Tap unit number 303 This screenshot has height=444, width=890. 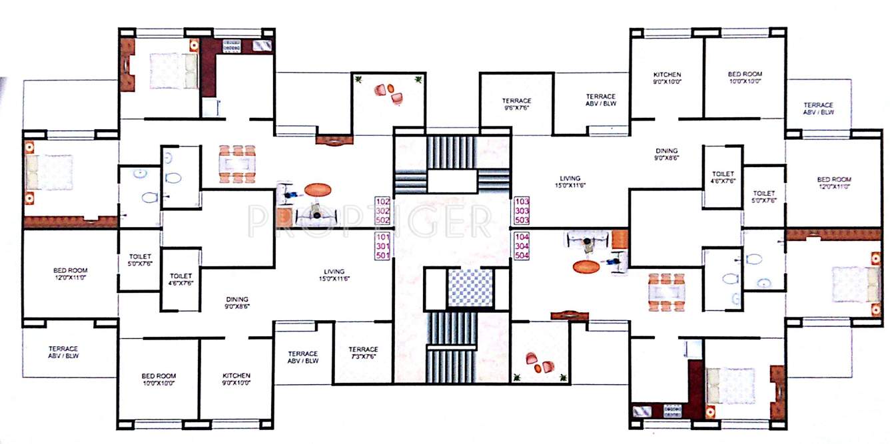coord(522,210)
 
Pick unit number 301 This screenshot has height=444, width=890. coord(382,246)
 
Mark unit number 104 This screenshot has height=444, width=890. coord(522,236)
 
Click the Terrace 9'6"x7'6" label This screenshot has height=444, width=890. coord(516,105)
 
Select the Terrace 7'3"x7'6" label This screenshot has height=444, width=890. coord(363,353)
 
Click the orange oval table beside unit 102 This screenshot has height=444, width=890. coord(318,190)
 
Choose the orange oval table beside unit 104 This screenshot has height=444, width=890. coord(587,267)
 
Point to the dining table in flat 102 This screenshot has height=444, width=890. coord(238,163)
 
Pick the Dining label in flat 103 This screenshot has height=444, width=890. coord(666,154)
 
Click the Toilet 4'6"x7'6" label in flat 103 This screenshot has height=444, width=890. coord(723,177)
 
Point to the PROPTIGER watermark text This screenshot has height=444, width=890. coord(370,220)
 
